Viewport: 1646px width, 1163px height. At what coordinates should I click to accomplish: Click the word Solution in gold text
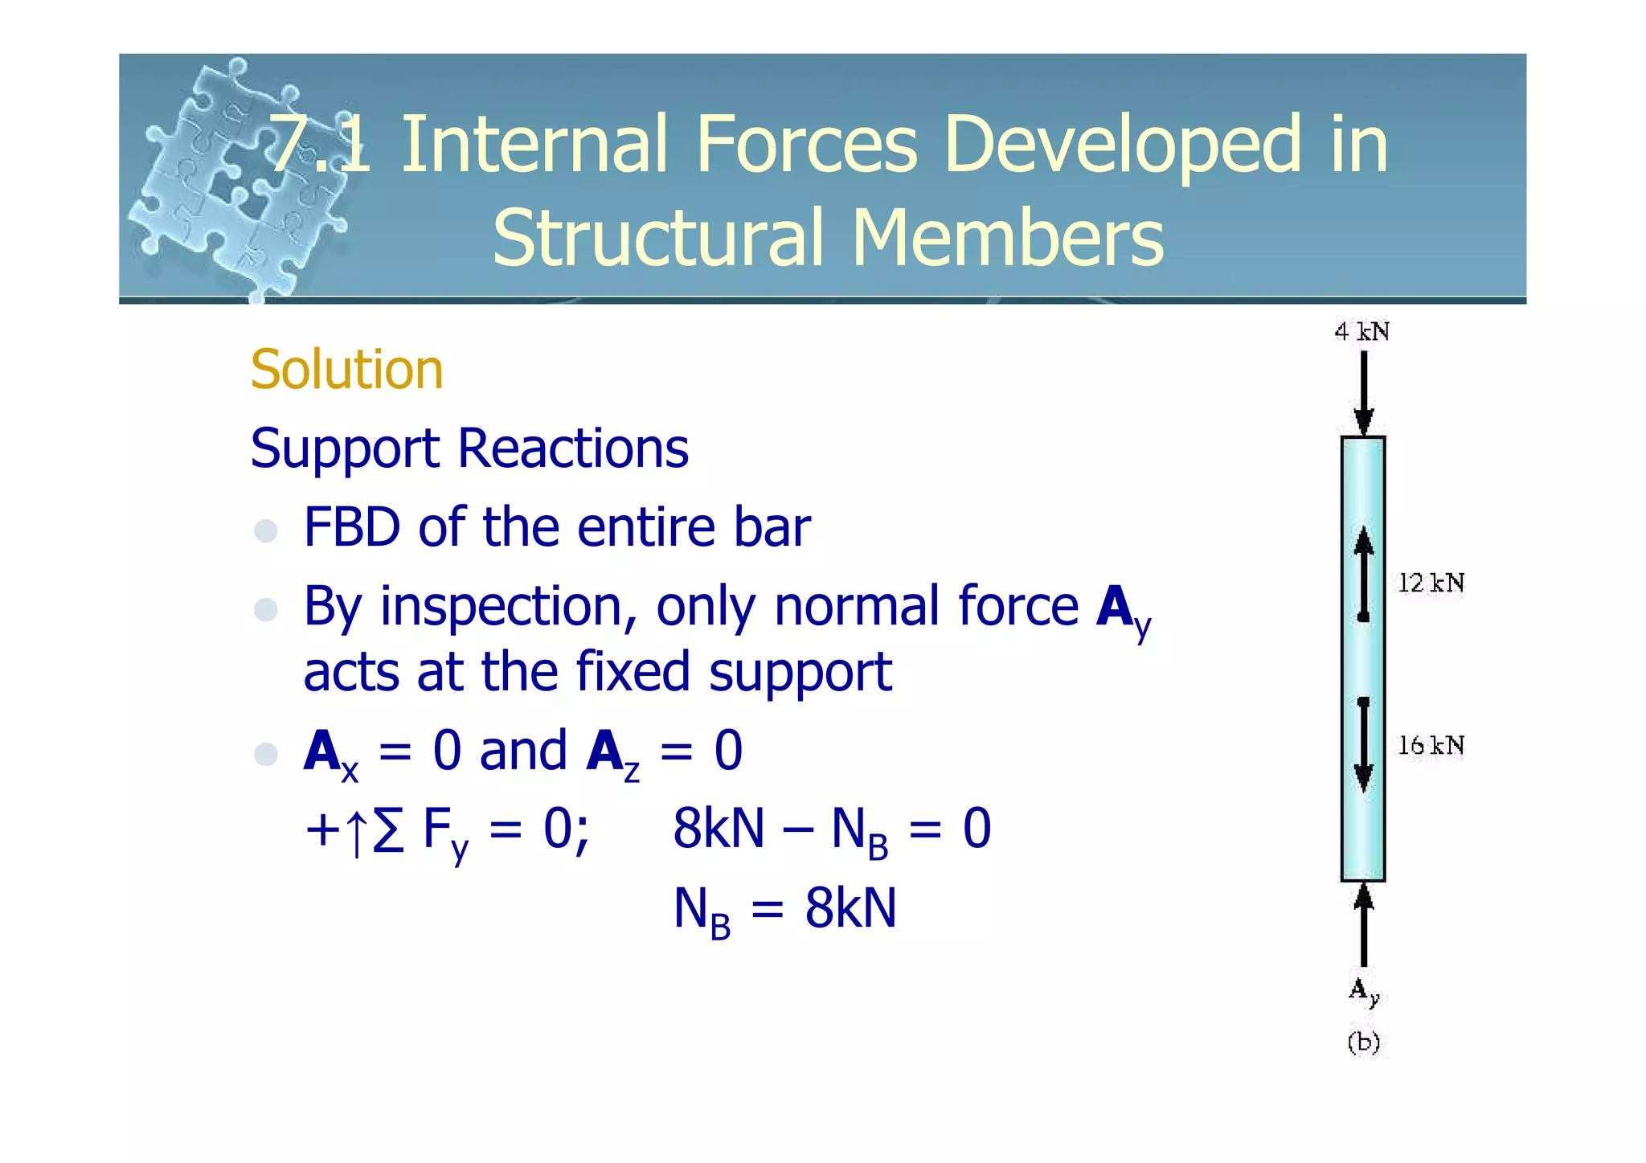pyautogui.click(x=346, y=370)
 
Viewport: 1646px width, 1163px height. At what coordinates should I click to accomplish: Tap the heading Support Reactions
pyautogui.click(x=469, y=448)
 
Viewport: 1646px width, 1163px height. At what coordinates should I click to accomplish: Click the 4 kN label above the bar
pyautogui.click(x=1361, y=332)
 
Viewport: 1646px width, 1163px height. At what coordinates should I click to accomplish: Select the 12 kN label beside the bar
pyautogui.click(x=1431, y=583)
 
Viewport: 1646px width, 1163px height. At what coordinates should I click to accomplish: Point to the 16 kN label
pyautogui.click(x=1431, y=746)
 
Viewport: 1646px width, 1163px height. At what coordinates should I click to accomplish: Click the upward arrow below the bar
pyautogui.click(x=1363, y=924)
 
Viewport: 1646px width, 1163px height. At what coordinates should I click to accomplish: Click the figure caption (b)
pyautogui.click(x=1363, y=1042)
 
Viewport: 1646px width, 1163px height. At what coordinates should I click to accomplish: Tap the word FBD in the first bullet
pyautogui.click(x=352, y=528)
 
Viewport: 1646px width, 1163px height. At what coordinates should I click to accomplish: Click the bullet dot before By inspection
pyautogui.click(x=265, y=609)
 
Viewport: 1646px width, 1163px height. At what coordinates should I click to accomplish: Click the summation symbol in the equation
pyautogui.click(x=388, y=829)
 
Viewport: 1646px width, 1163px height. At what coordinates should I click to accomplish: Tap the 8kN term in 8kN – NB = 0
pyautogui.click(x=718, y=829)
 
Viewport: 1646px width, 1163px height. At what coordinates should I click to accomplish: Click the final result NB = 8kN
pyautogui.click(x=784, y=910)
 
